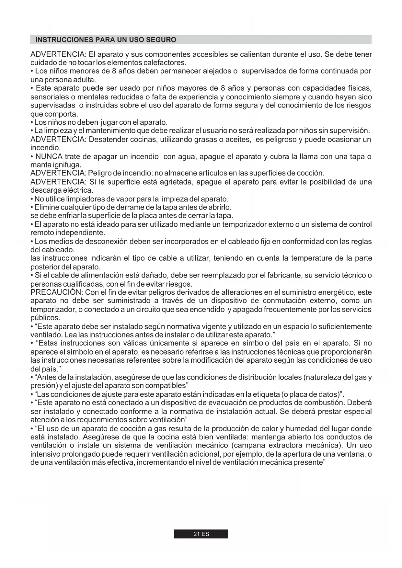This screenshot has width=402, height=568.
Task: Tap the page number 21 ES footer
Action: [x=201, y=534]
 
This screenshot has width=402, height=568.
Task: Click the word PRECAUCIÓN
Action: [x=57, y=293]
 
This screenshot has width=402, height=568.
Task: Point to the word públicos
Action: [x=45, y=318]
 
